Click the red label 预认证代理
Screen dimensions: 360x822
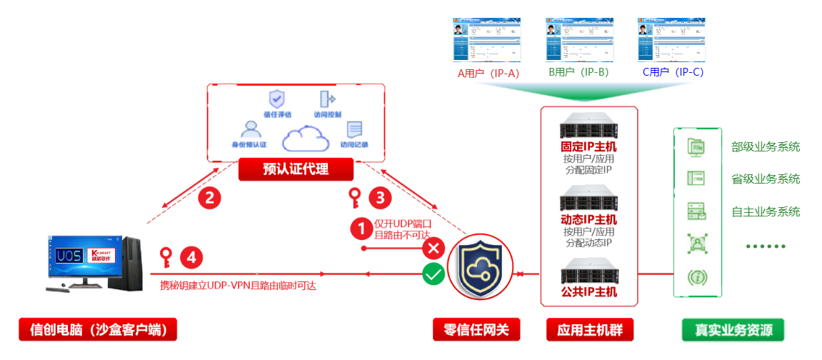tap(296, 169)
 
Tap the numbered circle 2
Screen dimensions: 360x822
tap(209, 198)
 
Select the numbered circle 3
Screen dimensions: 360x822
tap(380, 197)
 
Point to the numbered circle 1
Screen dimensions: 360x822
tap(361, 229)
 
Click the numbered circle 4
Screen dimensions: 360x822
tap(191, 256)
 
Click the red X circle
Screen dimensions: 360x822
tap(433, 249)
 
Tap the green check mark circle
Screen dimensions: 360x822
tap(433, 274)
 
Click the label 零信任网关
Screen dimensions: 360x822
tap(476, 330)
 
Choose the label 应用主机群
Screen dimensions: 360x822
tap(589, 330)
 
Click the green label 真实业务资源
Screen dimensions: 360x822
tap(729, 330)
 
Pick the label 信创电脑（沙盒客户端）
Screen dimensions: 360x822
tap(98, 330)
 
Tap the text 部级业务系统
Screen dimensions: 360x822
tap(766, 147)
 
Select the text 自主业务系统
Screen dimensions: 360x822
tap(766, 211)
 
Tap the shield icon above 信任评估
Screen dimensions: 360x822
tap(276, 99)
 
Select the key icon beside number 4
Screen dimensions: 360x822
tap(166, 256)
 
